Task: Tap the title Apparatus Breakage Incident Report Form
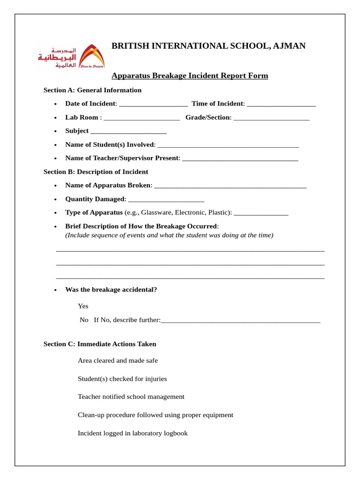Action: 189,75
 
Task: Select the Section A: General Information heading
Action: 92,90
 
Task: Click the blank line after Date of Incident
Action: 153,104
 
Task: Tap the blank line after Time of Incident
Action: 281,104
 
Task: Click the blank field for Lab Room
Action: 142,118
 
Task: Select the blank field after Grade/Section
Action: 271,118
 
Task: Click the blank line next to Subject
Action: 128,131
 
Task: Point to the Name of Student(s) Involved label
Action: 110,144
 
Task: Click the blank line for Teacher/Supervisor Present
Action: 240,158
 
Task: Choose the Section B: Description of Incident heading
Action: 96,172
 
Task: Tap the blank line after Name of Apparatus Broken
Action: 230,186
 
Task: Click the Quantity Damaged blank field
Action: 166,199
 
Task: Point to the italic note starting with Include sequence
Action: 169,235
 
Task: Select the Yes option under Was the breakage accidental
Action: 83,306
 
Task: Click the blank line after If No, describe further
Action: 240,320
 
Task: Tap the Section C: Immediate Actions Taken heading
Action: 100,344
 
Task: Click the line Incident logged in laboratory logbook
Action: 133,433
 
